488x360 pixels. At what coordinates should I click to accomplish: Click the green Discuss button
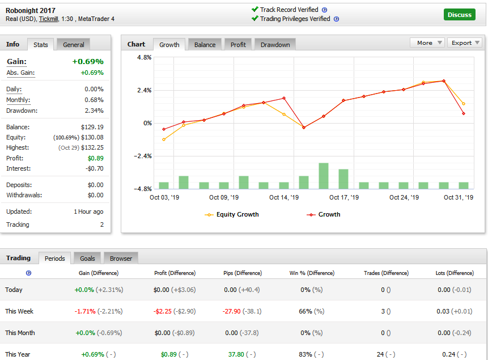point(459,15)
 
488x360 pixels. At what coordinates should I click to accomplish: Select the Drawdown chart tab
point(275,45)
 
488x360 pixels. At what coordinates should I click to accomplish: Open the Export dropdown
point(465,43)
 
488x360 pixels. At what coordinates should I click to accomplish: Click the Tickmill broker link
point(49,19)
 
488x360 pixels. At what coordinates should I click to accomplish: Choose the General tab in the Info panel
point(74,45)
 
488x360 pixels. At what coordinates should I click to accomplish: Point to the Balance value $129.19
point(92,127)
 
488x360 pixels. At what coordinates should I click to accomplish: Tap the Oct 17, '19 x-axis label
point(344,197)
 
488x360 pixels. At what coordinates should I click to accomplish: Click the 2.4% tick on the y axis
point(145,90)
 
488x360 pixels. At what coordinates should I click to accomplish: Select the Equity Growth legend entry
point(232,214)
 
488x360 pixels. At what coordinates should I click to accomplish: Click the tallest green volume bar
point(324,176)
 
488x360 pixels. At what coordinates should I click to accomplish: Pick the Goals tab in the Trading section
point(87,259)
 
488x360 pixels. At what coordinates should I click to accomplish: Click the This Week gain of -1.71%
point(85,311)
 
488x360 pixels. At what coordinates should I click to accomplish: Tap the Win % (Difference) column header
point(312,273)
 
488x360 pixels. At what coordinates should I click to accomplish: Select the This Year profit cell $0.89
point(169,354)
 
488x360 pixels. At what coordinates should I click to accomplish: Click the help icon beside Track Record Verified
point(324,10)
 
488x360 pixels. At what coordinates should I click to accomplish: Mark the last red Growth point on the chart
point(464,113)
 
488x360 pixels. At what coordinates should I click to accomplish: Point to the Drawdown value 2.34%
point(94,111)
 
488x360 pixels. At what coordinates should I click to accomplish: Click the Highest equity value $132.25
point(92,147)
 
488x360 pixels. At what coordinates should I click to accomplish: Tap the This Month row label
point(20,333)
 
